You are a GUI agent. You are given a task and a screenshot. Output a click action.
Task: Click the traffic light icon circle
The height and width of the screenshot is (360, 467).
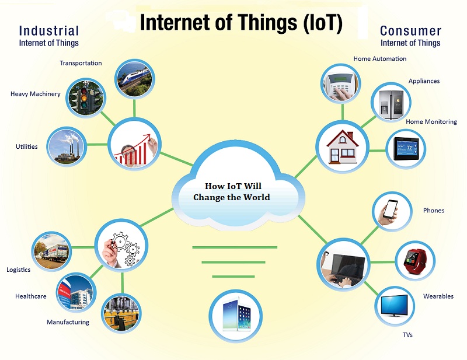(x=86, y=97)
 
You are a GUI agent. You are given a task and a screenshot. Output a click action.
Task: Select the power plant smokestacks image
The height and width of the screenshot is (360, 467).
(x=65, y=146)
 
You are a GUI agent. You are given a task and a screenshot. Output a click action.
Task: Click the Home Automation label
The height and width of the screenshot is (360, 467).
(x=380, y=59)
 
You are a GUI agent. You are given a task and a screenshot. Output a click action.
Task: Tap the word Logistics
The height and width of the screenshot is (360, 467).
(x=18, y=270)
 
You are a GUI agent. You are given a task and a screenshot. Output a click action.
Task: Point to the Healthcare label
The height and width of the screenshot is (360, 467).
(x=31, y=296)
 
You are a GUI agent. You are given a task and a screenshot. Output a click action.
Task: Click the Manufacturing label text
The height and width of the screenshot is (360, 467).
(x=68, y=322)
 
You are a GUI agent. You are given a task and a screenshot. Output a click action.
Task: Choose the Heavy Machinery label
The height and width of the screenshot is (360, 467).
(x=35, y=94)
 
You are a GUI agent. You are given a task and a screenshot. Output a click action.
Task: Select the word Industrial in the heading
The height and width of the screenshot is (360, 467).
(x=48, y=30)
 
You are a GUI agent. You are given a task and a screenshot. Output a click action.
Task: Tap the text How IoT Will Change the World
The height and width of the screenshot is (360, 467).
(x=232, y=192)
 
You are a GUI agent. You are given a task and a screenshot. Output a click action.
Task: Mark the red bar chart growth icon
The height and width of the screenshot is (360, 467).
(x=134, y=145)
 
